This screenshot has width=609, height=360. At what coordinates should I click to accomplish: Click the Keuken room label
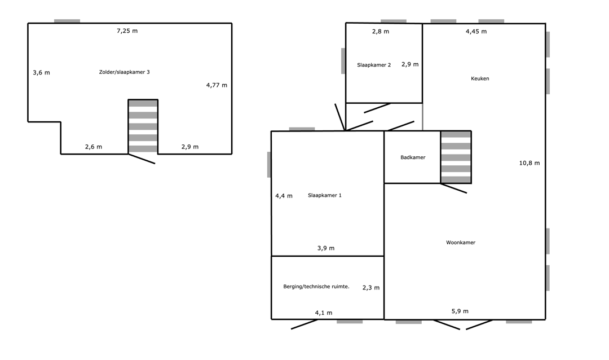pos(480,78)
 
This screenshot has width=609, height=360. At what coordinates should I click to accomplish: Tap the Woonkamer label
pos(461,243)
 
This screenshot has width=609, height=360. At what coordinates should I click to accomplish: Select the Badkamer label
pos(413,157)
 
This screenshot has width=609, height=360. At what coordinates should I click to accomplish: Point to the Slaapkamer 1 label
pos(325,196)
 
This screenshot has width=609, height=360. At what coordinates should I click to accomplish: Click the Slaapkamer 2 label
pos(374,65)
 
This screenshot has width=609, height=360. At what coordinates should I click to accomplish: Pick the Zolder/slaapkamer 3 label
pos(124,72)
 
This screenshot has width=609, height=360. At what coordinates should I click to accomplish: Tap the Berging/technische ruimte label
pos(316,287)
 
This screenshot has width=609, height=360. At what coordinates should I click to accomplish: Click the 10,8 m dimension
pos(529,163)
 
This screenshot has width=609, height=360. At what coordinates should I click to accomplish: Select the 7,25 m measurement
pos(127,31)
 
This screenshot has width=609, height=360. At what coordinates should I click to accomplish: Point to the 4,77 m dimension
pos(217,85)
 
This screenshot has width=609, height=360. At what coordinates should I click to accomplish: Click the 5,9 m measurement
pos(460,311)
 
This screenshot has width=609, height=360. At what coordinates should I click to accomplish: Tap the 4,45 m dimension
pos(476,32)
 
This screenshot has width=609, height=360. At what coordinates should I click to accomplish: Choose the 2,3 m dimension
pos(371,288)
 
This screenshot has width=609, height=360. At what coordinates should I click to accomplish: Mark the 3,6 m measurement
pos(41,73)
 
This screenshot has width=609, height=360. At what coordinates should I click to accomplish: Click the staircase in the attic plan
pos(143,127)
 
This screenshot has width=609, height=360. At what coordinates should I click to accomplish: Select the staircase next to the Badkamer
pos(456,157)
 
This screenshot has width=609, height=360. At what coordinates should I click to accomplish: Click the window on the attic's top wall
pos(67,21)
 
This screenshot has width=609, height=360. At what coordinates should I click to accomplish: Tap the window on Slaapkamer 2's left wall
pos(343,61)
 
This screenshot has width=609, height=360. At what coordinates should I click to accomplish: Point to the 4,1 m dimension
pos(324,313)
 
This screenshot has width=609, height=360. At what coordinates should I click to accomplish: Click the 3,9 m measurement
pos(326,248)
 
